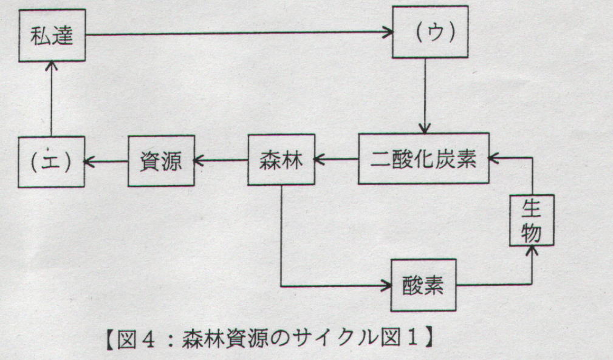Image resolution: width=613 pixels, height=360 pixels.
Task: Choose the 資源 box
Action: pyautogui.click(x=160, y=161)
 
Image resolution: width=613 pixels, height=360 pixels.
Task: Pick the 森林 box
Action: pyautogui.click(x=281, y=160)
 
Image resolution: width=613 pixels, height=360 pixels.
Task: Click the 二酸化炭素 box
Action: pyautogui.click(x=423, y=159)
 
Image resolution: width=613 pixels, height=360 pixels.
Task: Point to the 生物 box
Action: pyautogui.click(x=532, y=219)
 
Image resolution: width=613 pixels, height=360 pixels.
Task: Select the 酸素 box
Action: pyautogui.click(x=423, y=285)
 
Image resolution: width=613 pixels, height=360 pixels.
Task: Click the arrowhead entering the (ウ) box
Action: pyautogui.click(x=387, y=33)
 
